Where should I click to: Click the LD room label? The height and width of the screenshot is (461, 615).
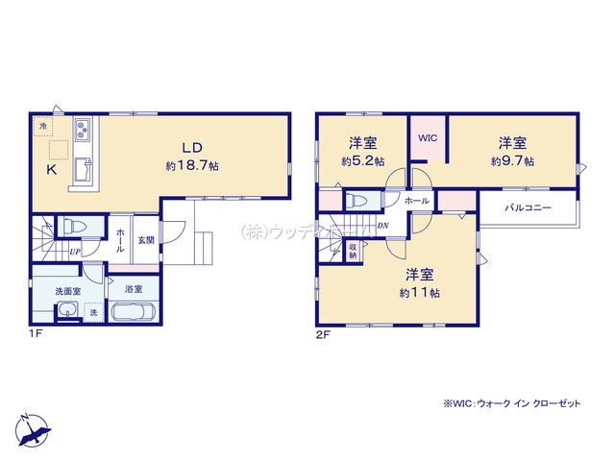192,147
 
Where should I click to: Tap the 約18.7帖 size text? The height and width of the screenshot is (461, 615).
191,165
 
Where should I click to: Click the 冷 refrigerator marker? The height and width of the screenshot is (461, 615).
44,126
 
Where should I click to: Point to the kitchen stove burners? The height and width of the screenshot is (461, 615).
82,128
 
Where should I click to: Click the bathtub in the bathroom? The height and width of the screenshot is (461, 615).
133,312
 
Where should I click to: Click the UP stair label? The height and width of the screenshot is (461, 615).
74,252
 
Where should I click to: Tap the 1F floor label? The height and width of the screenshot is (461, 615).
36,336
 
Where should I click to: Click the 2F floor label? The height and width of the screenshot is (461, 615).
324,336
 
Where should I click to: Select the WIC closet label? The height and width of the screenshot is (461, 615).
428,137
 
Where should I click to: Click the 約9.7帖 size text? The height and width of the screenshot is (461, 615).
512,161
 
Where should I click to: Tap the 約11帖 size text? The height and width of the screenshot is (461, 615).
422,291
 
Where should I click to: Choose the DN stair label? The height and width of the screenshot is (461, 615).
382,227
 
